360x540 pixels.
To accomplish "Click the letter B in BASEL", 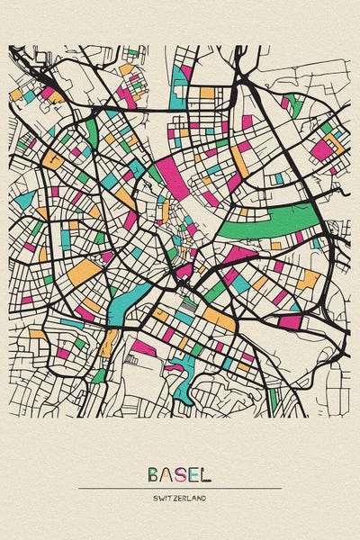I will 154,473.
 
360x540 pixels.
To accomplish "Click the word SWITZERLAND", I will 180,497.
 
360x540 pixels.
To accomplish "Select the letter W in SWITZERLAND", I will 161,497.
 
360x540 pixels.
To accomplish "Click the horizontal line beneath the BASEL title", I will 180,488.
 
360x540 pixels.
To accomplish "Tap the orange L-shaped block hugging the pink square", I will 334,139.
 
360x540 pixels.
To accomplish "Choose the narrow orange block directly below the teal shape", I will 110,342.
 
